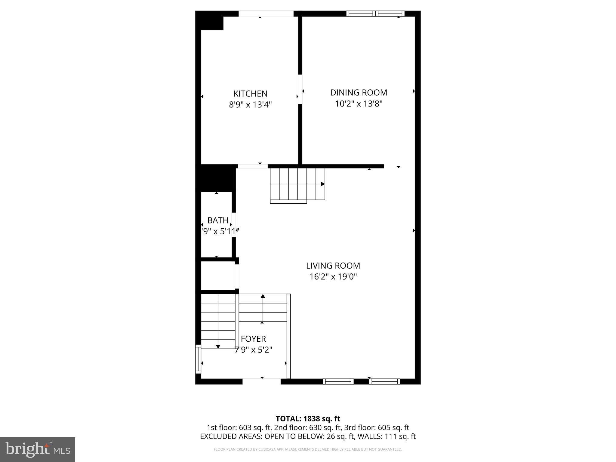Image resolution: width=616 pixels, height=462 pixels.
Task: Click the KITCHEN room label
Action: [x=250, y=94]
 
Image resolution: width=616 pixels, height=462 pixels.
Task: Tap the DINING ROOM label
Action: [x=359, y=92]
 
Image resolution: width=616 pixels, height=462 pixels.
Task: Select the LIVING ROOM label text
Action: [x=333, y=266]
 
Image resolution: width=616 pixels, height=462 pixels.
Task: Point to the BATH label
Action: [x=218, y=220]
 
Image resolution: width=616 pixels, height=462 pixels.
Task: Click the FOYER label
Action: [x=253, y=339]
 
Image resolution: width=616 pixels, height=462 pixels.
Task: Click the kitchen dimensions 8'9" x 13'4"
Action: [x=250, y=105]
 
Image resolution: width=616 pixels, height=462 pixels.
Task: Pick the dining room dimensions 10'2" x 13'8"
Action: [x=359, y=104]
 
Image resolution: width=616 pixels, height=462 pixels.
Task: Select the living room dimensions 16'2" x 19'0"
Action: [x=333, y=277]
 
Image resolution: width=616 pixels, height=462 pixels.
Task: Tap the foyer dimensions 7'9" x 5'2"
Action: [x=253, y=350]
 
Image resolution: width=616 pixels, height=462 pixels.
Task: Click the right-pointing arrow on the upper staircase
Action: [x=322, y=184]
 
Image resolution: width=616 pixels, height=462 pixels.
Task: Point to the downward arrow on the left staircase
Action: [x=218, y=346]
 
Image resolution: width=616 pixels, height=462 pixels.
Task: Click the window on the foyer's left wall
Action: [x=198, y=359]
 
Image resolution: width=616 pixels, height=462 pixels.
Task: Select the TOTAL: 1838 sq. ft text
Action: [x=308, y=419]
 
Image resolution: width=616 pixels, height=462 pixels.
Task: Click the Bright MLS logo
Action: [x=38, y=449]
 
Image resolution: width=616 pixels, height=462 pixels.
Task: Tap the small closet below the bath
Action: [x=218, y=276]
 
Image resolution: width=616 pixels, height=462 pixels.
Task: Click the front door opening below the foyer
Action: [x=261, y=381]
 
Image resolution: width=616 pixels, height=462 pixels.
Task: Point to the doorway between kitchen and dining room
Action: [x=300, y=89]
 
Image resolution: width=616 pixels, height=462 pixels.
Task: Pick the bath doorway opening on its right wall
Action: [x=234, y=225]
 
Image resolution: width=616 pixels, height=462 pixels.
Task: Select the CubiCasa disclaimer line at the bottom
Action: [x=308, y=449]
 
